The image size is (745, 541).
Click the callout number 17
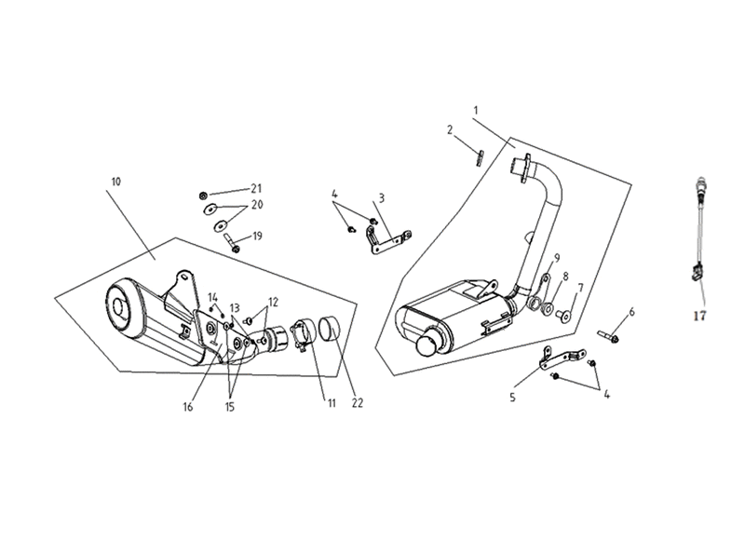tap(699, 316)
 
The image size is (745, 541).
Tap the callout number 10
tap(115, 182)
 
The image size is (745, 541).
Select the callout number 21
tap(256, 189)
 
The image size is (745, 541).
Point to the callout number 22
tap(358, 403)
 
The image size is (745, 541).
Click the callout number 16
tap(188, 407)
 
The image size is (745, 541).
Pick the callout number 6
tap(631, 312)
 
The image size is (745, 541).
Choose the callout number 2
tap(450, 129)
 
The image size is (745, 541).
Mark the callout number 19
tap(257, 237)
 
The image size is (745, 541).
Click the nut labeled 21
tap(202, 196)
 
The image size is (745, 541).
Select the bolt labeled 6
tap(608, 336)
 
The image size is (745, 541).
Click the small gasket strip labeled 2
tap(480, 158)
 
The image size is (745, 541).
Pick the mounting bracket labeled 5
tap(561, 358)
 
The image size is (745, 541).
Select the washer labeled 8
tap(548, 308)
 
